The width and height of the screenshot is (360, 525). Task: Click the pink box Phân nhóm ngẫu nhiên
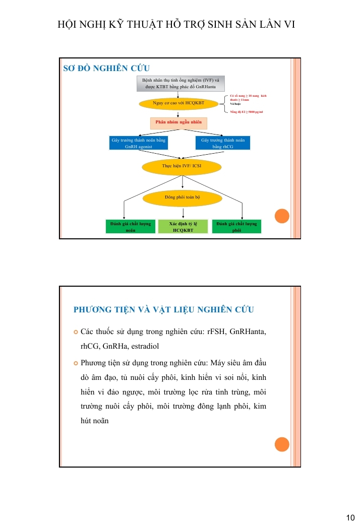[x=178, y=122]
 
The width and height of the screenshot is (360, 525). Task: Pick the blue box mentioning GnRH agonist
[x=138, y=143]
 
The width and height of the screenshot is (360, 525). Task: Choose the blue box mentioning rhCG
[x=223, y=143]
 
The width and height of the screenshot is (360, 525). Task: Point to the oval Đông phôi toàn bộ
[x=182, y=197]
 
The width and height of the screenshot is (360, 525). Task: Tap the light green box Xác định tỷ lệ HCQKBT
[x=183, y=226]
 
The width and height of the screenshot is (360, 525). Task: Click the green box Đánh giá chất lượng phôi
[x=236, y=226]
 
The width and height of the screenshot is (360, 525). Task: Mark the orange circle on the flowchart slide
[x=282, y=216]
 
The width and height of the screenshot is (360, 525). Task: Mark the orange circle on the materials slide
[x=282, y=444]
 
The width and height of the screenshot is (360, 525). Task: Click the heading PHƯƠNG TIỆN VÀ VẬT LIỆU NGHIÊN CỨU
[x=164, y=309]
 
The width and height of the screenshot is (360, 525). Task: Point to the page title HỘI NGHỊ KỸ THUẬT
[x=176, y=24]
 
